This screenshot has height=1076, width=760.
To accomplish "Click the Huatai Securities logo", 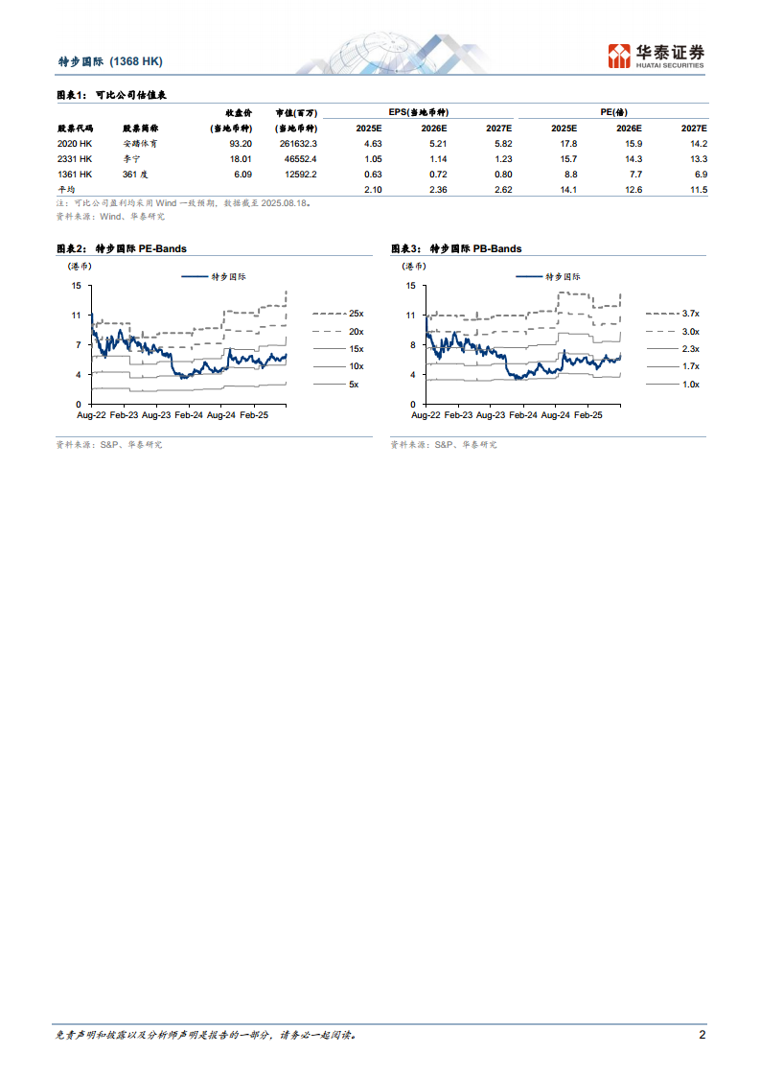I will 656,56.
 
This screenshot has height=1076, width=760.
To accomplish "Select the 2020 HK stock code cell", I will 75,143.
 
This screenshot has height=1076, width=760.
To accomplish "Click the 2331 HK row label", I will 75,158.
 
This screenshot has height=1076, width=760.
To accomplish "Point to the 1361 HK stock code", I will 75,175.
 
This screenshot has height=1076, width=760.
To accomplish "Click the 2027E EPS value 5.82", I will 499,143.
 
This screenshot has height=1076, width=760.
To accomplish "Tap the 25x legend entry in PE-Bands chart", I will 356,314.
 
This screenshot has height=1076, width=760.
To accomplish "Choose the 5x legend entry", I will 353,384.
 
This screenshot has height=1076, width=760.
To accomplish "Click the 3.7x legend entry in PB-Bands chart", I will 690,314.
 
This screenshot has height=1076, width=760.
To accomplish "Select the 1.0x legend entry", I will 690,384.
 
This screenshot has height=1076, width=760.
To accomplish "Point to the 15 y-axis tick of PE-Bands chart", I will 75,286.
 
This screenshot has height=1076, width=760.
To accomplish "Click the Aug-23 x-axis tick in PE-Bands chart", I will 155,415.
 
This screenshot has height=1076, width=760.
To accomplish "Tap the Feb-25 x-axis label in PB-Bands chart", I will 586,415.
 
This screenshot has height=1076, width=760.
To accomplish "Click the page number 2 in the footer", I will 702,1036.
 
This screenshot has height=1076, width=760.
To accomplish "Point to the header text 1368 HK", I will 136,61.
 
